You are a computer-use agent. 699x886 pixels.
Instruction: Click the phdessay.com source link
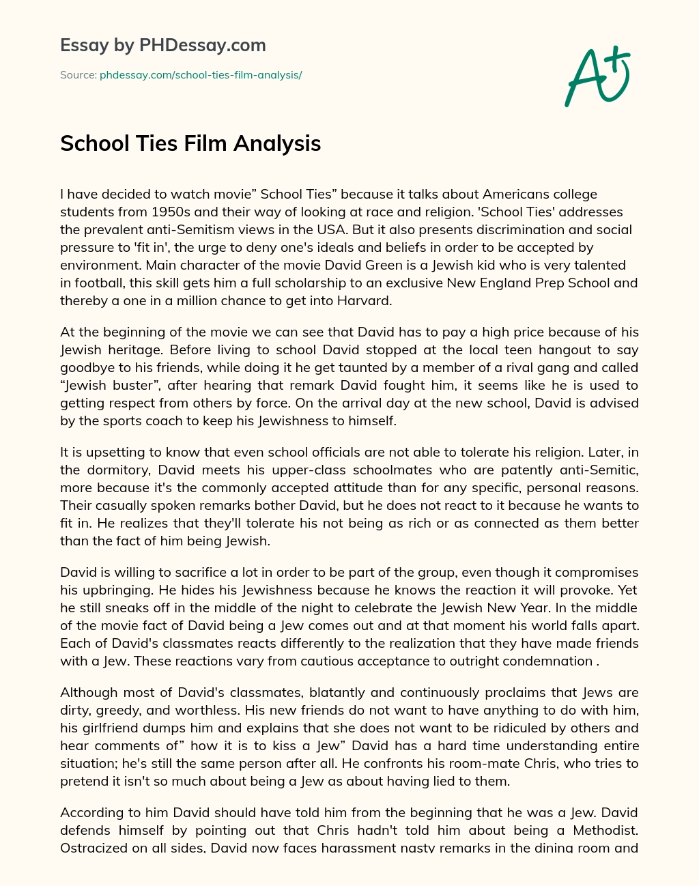tap(201, 75)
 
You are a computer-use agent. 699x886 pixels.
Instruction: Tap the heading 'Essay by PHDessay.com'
tap(163, 46)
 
